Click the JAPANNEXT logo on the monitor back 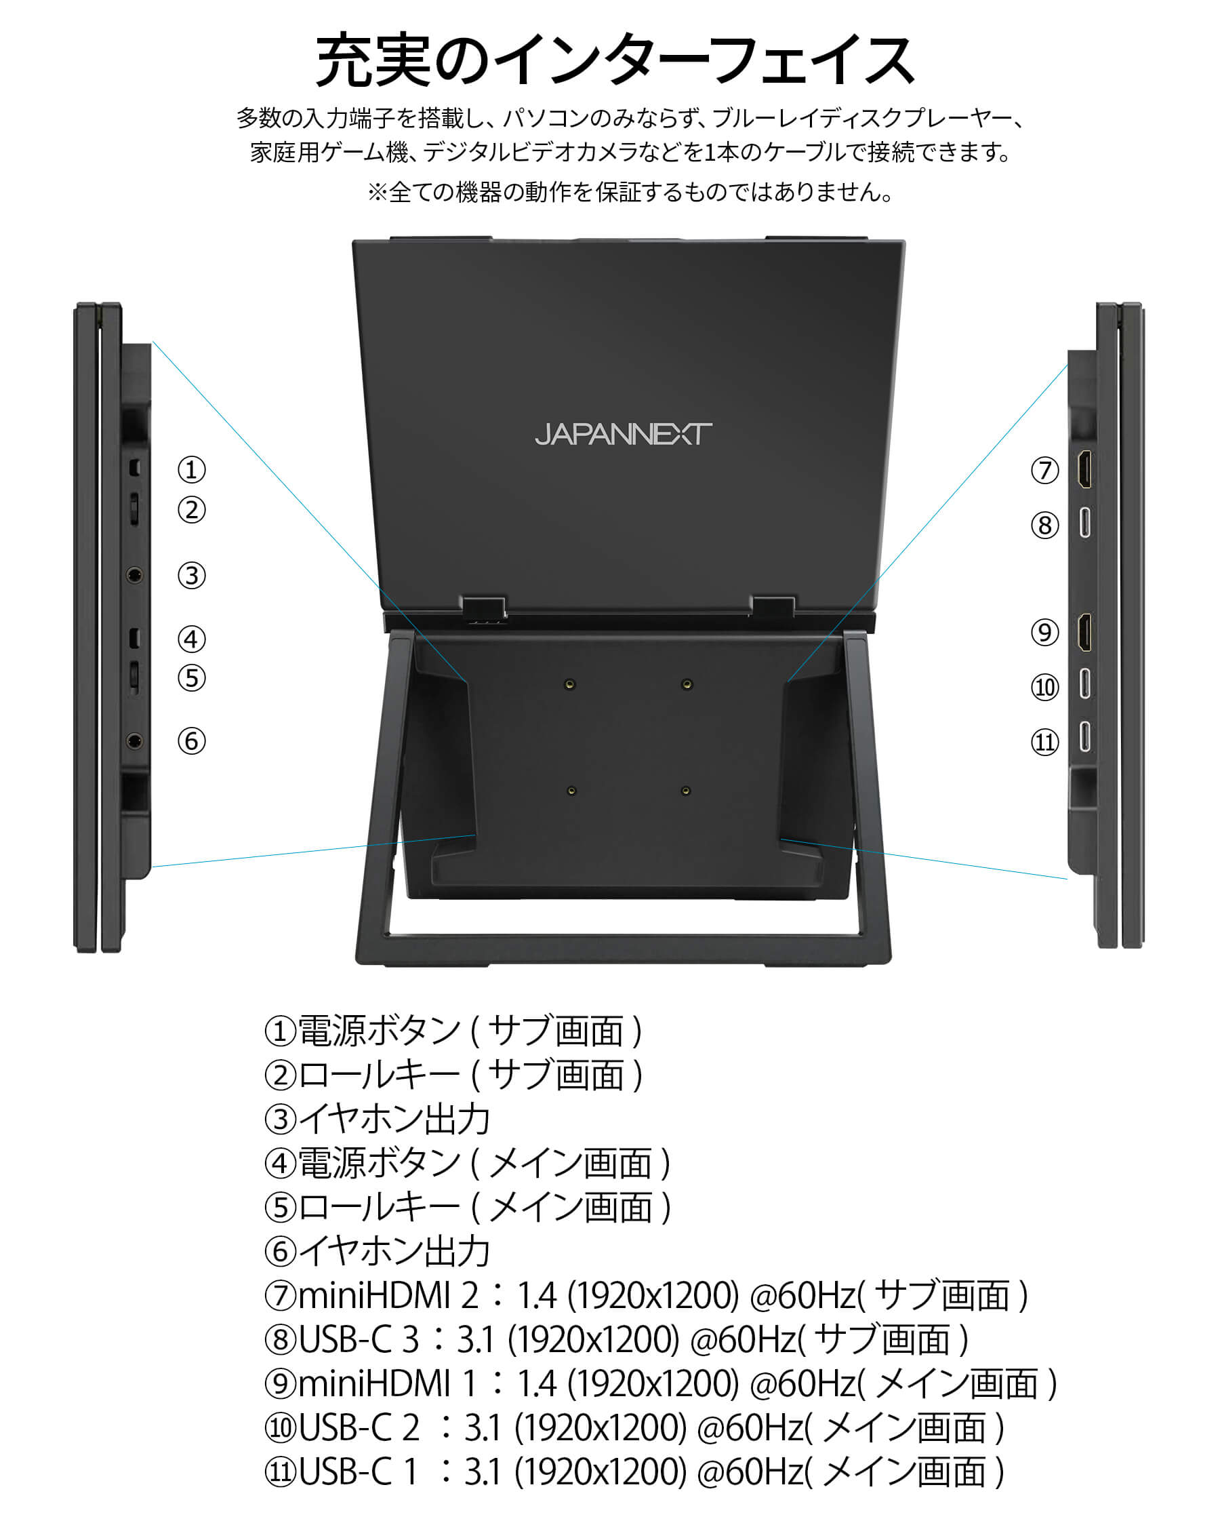624,434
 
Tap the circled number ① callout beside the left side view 191,470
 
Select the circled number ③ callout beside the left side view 191,575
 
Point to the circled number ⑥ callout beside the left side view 191,741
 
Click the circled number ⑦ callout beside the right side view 1045,471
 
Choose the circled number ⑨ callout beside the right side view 1045,632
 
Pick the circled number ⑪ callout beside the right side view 1045,743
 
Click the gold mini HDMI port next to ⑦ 1084,470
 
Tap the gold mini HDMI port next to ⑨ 1084,632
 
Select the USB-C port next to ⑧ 1085,523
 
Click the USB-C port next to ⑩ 1085,684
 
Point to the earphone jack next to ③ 135,575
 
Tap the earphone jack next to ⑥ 135,741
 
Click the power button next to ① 135,467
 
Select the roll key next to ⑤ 134,677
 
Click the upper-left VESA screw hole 570,684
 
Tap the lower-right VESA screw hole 685,791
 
